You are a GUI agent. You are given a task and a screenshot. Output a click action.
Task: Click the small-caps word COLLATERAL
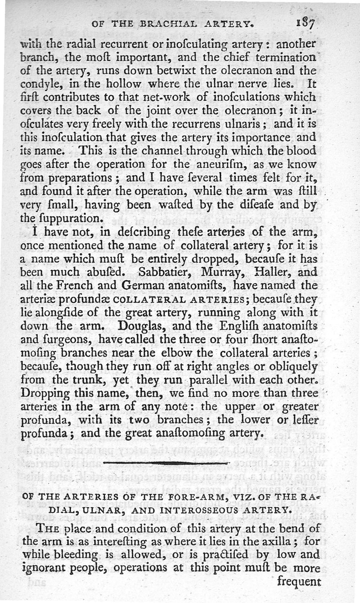point(139,299)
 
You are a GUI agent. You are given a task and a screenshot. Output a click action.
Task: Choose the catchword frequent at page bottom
point(299,581)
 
